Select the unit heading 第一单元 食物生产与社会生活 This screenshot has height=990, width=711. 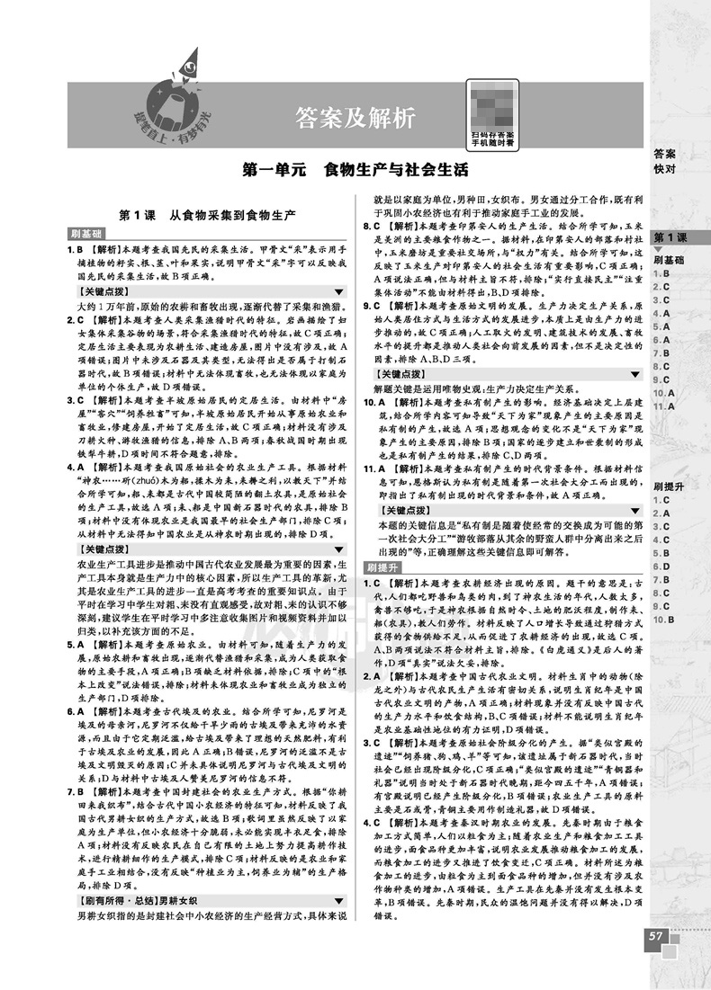coord(356,168)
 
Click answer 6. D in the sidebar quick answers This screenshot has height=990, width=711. coord(667,566)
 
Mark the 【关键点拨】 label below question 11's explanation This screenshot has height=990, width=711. coord(407,510)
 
